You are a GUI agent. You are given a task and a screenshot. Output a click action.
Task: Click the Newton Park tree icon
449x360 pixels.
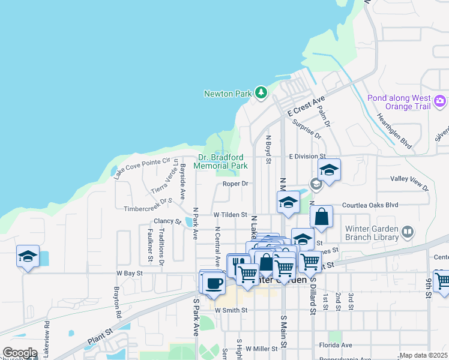click(x=261, y=93)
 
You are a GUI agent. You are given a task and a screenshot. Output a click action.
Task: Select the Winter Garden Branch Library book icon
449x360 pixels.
click(x=408, y=232)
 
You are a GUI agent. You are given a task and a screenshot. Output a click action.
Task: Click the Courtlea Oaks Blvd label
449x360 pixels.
click(x=370, y=205)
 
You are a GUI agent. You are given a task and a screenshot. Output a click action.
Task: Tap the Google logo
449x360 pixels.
click(x=20, y=353)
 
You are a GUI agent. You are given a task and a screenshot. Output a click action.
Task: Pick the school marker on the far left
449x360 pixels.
click(x=28, y=257)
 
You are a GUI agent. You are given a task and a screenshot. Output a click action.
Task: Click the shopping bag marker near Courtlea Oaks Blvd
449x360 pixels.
click(x=322, y=217)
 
